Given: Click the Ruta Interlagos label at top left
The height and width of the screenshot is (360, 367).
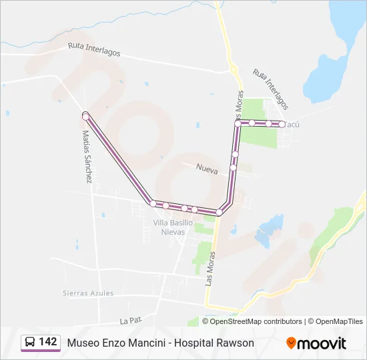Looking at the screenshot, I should (94, 49).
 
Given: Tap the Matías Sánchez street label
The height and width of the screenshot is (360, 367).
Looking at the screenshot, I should (87, 157).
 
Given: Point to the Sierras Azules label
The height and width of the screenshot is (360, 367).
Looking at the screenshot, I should (88, 293).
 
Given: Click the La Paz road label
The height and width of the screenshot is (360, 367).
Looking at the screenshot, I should (131, 321).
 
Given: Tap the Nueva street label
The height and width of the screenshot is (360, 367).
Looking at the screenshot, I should (208, 171).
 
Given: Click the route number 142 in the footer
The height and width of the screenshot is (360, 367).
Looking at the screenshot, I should (47, 342).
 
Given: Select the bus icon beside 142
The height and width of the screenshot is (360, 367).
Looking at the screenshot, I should (30, 343).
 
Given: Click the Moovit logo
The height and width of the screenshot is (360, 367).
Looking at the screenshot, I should (316, 343).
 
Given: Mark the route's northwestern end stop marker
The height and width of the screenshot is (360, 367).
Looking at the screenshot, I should (85, 117).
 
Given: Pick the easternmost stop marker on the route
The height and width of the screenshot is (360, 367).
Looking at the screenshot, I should (282, 125).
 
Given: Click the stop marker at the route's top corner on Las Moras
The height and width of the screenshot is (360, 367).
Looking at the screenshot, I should (238, 123).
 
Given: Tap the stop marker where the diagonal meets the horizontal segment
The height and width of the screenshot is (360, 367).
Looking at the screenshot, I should (153, 203).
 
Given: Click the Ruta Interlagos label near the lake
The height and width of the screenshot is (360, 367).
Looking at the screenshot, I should (270, 89).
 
